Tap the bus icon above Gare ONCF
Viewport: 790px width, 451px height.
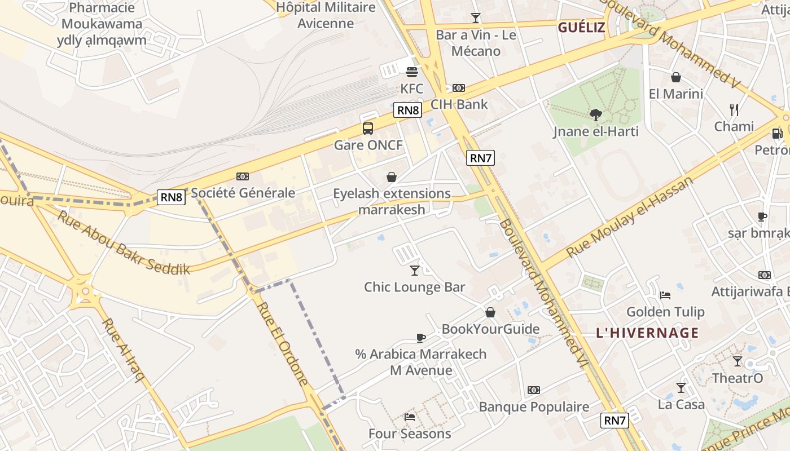click(x=368, y=129)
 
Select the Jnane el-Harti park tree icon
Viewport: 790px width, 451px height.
click(x=595, y=116)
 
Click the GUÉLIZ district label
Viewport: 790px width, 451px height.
click(x=581, y=28)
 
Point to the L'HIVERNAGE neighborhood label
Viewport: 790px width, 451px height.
click(x=647, y=333)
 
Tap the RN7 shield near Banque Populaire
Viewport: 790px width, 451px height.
click(x=615, y=420)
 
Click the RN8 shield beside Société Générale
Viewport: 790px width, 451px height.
click(x=172, y=197)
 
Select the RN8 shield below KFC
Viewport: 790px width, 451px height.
click(x=408, y=110)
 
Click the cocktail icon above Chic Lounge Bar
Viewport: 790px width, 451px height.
click(x=415, y=271)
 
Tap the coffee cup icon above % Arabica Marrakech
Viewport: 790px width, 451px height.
click(x=420, y=338)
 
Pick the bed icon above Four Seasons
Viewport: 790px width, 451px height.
click(x=410, y=417)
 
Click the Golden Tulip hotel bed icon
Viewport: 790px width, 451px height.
click(x=665, y=295)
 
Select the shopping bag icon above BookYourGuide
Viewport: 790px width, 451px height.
click(x=490, y=312)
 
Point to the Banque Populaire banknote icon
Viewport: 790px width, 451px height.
click(x=533, y=390)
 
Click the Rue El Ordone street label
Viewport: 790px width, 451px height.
click(x=284, y=343)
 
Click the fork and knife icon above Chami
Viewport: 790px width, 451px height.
click(x=734, y=109)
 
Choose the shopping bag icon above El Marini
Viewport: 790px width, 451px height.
click(x=676, y=77)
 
